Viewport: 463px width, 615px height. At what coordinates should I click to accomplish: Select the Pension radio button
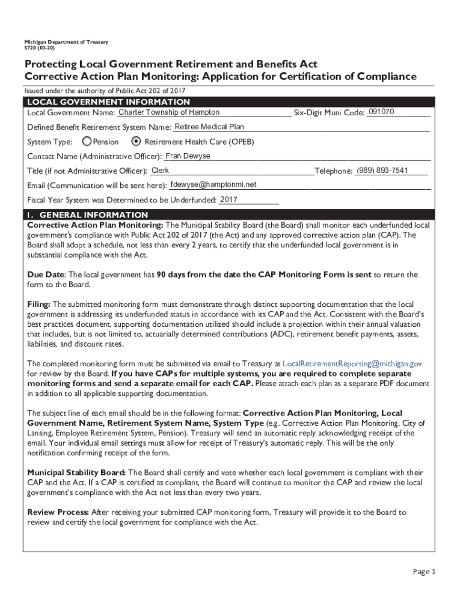click(87, 142)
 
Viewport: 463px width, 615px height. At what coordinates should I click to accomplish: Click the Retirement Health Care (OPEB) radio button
click(136, 142)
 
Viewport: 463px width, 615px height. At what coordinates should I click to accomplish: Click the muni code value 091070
click(381, 112)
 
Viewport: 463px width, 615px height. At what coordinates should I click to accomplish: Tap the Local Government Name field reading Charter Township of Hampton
click(169, 113)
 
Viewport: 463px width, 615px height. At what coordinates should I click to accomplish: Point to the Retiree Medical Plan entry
click(209, 127)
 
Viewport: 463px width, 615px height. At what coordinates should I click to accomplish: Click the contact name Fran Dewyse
click(188, 156)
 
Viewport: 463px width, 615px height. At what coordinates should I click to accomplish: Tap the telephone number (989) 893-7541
click(382, 171)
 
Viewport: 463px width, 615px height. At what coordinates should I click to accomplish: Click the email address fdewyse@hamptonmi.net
click(213, 184)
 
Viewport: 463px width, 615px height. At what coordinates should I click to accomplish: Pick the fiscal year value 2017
click(229, 199)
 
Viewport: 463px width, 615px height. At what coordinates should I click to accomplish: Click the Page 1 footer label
click(424, 572)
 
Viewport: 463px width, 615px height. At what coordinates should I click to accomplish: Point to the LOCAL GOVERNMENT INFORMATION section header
click(109, 102)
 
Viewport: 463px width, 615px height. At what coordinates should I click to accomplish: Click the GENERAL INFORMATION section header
click(88, 214)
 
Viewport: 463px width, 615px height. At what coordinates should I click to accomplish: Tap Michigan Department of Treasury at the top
click(66, 41)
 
